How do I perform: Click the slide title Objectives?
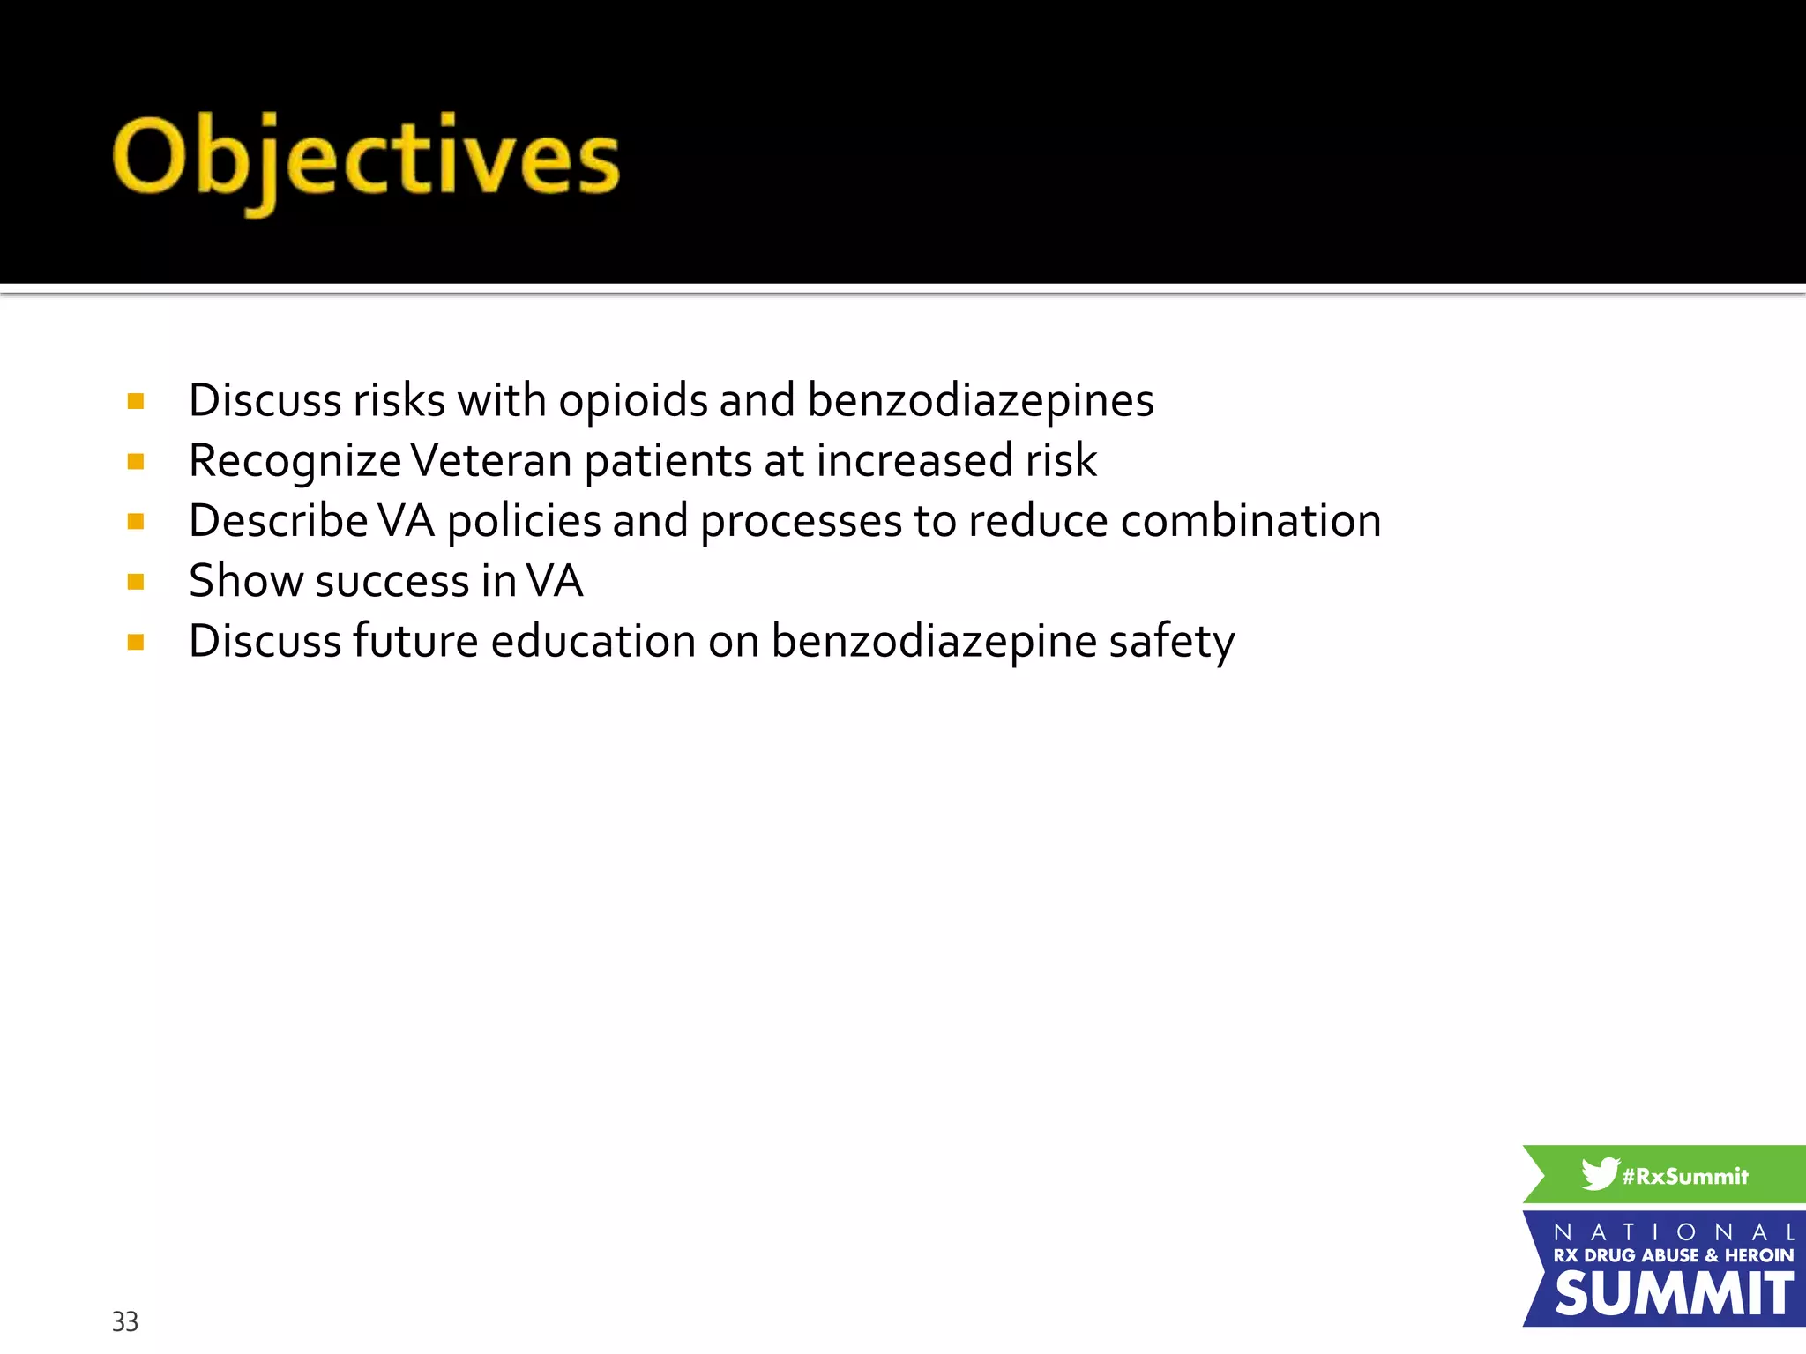click(x=366, y=159)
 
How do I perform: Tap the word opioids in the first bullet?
click(x=633, y=401)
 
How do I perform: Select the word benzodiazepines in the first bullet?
click(x=980, y=401)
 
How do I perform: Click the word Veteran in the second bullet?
click(x=492, y=461)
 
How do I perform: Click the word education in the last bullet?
click(x=593, y=641)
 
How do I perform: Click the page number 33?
click(x=124, y=1321)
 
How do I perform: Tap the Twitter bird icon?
click(x=1599, y=1174)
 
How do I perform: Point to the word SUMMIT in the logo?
click(x=1673, y=1294)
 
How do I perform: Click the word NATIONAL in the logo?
click(x=1673, y=1231)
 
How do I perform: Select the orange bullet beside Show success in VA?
click(x=136, y=582)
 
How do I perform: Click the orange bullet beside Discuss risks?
click(x=136, y=402)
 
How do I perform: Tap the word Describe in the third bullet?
click(x=278, y=521)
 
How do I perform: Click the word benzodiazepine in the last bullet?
click(x=934, y=643)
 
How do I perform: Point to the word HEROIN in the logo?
click(x=1759, y=1255)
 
